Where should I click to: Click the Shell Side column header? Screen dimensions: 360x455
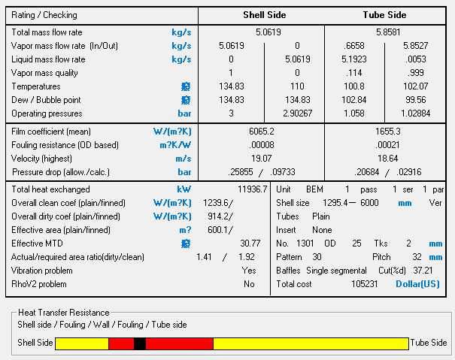pos(262,15)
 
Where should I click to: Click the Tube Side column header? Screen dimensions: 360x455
pos(385,15)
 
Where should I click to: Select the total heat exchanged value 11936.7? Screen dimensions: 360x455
pos(252,189)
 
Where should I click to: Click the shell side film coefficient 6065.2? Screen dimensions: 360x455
pos(261,131)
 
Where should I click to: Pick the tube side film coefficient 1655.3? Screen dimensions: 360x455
pos(387,131)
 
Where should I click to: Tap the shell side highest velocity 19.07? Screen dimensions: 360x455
pos(261,158)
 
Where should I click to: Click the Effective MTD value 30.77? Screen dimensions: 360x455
pos(250,244)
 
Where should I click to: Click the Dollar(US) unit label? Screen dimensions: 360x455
pos(419,284)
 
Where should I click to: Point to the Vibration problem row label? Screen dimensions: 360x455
pos(44,271)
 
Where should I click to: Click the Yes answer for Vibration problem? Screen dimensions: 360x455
pos(249,271)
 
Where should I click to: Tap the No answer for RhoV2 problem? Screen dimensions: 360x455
pos(249,284)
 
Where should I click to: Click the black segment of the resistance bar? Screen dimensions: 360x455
pos(139,343)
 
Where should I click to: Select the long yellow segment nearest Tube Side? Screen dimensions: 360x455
pos(311,343)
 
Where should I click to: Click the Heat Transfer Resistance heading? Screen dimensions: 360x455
pos(63,312)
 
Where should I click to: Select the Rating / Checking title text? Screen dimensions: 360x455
pos(44,15)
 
